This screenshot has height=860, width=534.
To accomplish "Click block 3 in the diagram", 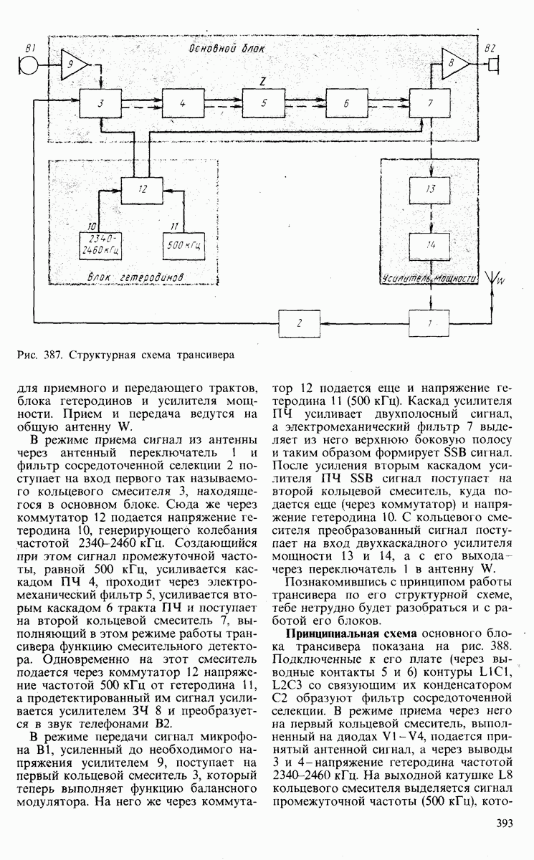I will coord(102,104).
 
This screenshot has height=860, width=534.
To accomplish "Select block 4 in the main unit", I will coord(183,104).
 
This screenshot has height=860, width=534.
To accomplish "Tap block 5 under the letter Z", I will coord(264,104).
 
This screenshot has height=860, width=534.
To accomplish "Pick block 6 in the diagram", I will coord(346,104).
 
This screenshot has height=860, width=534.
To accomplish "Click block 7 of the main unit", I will coord(430,104).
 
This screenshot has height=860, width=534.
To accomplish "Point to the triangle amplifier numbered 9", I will coord(73,64).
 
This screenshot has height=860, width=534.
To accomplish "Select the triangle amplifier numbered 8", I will coord(453,64).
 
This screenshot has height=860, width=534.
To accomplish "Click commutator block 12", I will coord(143,190).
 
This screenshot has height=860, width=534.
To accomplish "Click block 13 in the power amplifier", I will coord(430,190).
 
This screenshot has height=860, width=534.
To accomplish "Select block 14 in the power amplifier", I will coord(430,245).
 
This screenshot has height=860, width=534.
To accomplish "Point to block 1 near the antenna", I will coord(430,323).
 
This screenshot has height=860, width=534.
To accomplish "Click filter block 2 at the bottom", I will coord(300,323).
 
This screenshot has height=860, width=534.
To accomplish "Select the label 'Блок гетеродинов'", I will coord(135,277).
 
